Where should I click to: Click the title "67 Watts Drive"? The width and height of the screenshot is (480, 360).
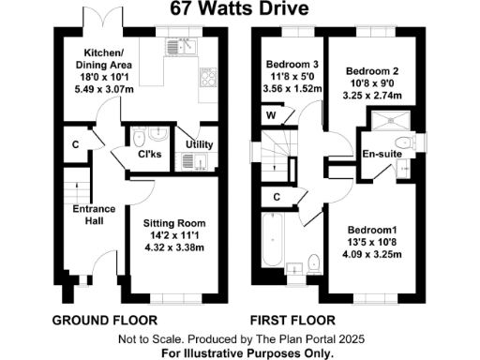tap(239, 10)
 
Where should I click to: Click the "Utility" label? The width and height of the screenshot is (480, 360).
tap(199, 143)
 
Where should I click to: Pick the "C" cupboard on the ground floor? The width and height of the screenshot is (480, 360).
tap(75, 146)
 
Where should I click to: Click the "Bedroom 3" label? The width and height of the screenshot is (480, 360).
tap(292, 64)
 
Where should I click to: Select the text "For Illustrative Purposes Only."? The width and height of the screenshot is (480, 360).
tap(239, 352)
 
